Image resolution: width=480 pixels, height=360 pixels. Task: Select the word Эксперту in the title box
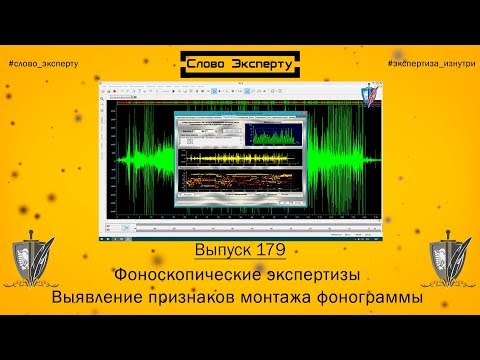point(263,64)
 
